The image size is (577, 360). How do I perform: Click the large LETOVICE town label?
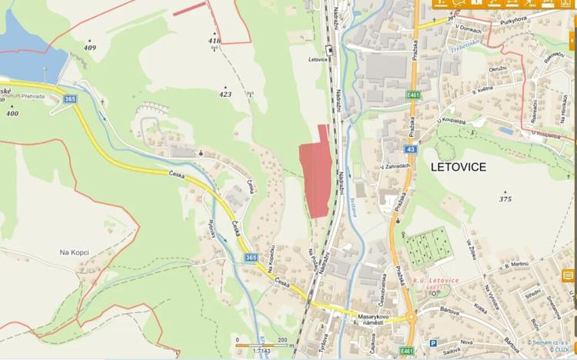(459, 167)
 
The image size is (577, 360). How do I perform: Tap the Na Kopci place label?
(75, 252)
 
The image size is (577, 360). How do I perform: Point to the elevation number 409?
(91, 48)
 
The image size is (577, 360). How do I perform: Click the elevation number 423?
(225, 95)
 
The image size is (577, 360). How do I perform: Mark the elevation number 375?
(505, 198)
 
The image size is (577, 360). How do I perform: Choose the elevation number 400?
(12, 113)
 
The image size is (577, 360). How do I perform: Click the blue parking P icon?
(433, 344)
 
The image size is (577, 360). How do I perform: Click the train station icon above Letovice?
(329, 50)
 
